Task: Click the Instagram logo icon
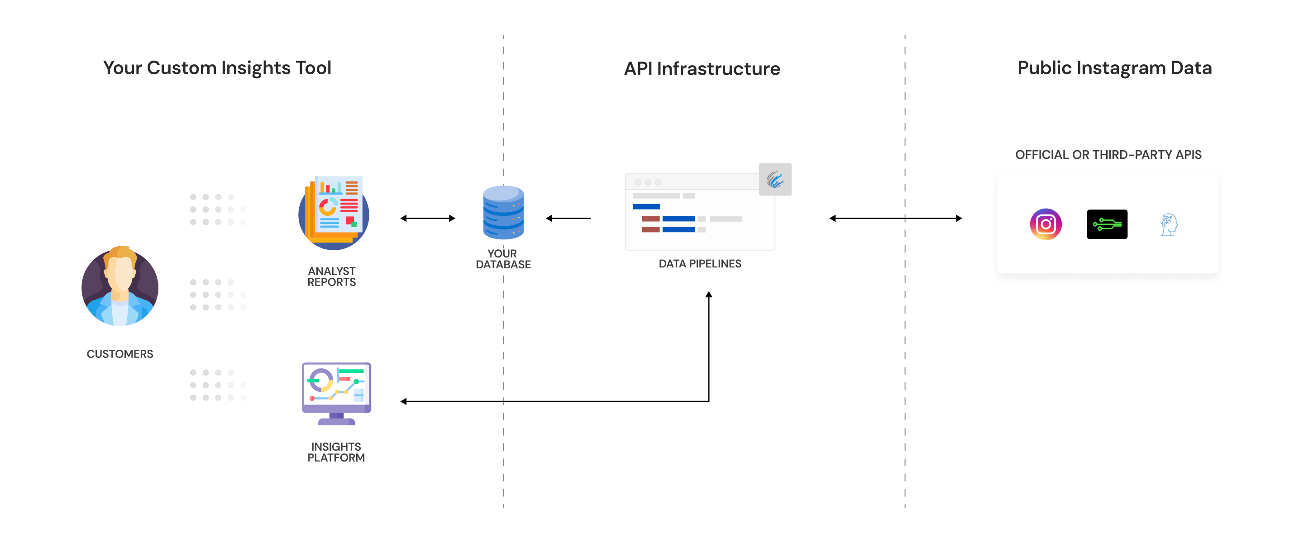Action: (1046, 224)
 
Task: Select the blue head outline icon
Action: (1168, 225)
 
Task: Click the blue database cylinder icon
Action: (503, 212)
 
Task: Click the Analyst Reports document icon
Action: (333, 212)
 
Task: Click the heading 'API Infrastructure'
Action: (702, 69)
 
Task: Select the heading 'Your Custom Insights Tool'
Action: (217, 68)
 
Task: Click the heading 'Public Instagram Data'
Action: (1114, 68)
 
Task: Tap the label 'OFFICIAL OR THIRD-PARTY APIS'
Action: (1108, 155)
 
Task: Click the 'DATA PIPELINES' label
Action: (699, 264)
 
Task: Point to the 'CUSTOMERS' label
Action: (119, 354)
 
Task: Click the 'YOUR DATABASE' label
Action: (503, 259)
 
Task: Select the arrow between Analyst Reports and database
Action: (428, 218)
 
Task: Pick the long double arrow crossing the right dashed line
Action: (895, 218)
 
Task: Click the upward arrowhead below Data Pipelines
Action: (708, 295)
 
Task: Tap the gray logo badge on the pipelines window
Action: (774, 180)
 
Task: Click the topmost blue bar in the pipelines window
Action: (646, 207)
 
